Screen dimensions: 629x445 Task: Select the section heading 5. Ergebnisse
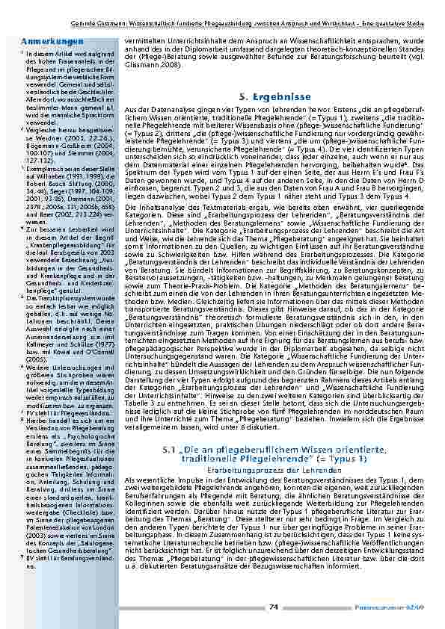point(270,97)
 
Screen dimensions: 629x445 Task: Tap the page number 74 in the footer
point(275,607)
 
